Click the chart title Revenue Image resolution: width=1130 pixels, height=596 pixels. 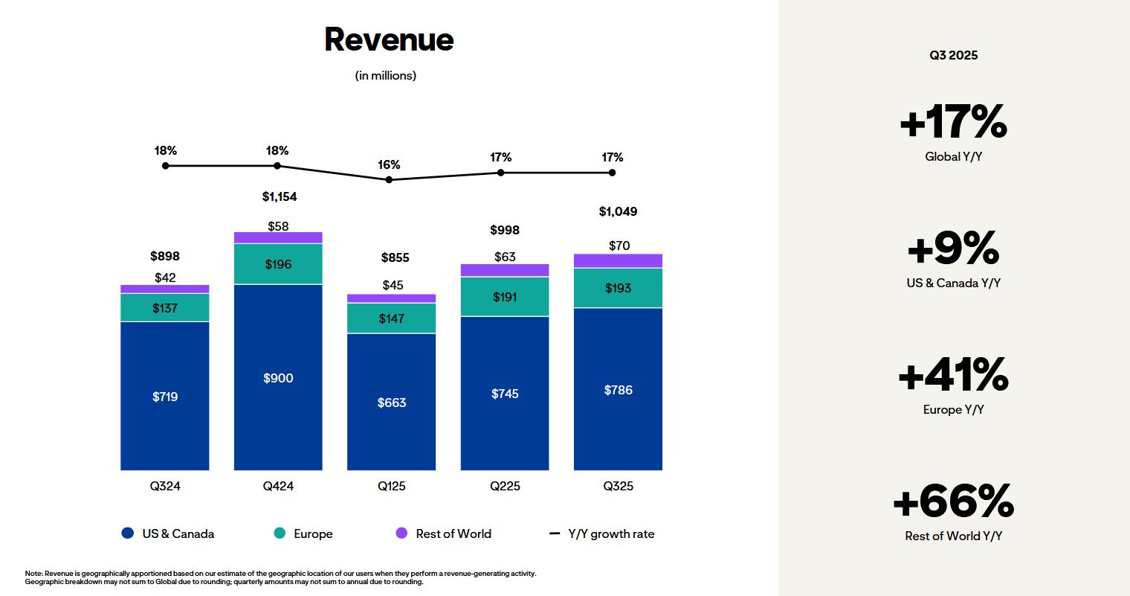[389, 40]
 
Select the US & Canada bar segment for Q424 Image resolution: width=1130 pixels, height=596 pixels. [278, 377]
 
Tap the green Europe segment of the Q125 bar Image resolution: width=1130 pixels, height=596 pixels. [392, 318]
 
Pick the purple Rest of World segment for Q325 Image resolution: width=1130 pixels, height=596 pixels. [618, 260]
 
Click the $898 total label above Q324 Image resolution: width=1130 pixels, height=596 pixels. [165, 256]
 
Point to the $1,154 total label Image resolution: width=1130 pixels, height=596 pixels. [280, 196]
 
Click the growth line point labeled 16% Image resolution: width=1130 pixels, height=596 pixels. [389, 179]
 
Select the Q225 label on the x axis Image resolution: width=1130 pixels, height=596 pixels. [505, 486]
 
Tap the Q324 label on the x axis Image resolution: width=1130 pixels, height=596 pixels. [165, 486]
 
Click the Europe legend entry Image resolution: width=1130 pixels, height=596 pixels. [303, 533]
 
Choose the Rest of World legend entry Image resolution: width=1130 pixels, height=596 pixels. [444, 533]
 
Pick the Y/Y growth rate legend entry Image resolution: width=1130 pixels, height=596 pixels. [602, 533]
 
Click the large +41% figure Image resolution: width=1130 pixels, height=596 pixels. [953, 375]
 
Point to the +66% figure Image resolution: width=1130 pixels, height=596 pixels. [953, 502]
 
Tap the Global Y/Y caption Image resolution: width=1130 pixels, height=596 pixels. [953, 157]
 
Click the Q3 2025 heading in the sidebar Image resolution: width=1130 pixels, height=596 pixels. [953, 55]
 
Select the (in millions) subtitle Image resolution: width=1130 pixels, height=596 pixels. [386, 76]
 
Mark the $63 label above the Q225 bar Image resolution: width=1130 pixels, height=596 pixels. [505, 257]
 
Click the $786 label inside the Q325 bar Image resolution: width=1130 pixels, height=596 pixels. [618, 390]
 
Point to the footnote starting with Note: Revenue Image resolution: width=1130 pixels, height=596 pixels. [280, 577]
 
